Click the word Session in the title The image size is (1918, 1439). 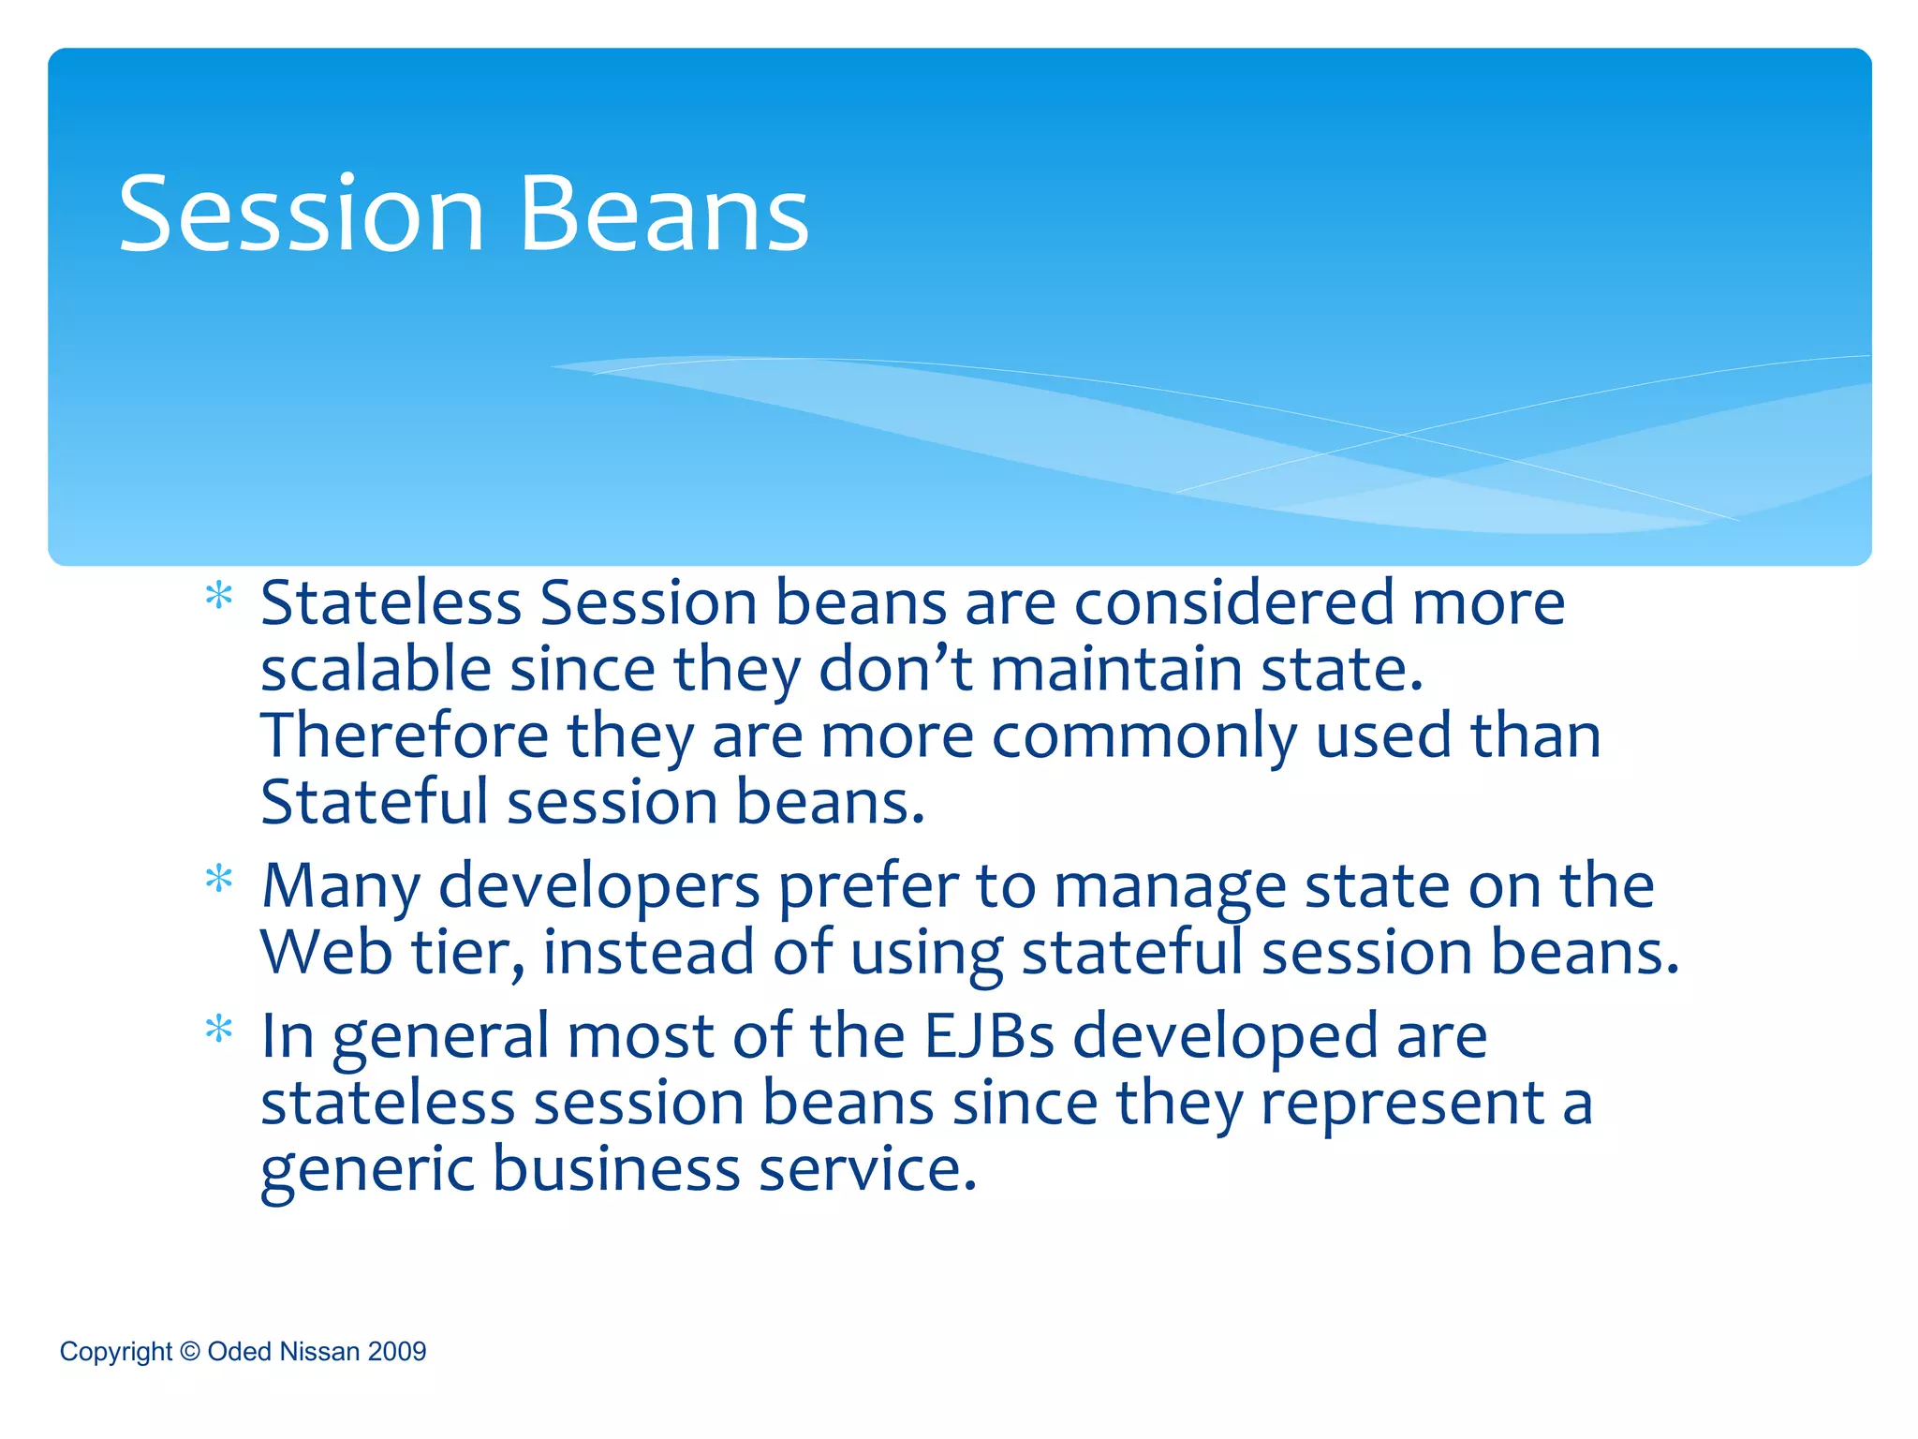point(301,215)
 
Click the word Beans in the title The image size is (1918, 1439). point(664,215)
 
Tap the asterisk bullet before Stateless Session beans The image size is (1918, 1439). point(219,597)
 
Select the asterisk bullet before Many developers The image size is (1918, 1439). point(219,880)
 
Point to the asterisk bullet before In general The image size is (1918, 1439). point(219,1031)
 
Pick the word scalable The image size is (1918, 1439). point(376,670)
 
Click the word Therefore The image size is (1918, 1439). point(405,735)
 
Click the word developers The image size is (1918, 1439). point(599,887)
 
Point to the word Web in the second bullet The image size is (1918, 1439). point(326,952)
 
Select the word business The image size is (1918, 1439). point(616,1170)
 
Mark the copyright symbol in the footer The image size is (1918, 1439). point(190,1351)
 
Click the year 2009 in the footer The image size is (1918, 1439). point(397,1351)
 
